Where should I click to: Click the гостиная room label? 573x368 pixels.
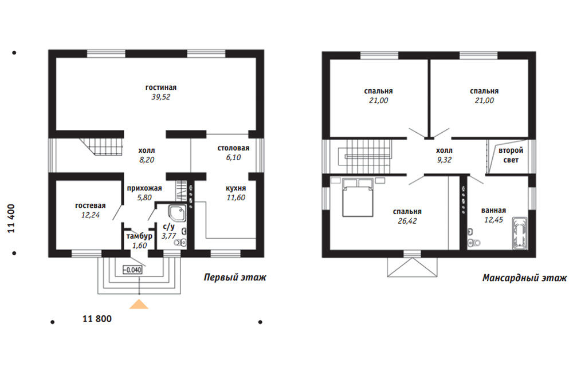[x=161, y=88]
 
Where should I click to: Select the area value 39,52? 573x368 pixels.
[x=161, y=97]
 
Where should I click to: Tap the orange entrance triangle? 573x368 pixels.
[x=139, y=304]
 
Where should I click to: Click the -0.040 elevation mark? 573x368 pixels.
[x=132, y=270]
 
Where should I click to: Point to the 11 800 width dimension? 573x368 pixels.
[x=97, y=319]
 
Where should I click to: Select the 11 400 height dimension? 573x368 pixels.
[x=11, y=219]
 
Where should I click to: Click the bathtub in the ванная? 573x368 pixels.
[x=520, y=234]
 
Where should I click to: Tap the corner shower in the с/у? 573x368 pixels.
[x=178, y=213]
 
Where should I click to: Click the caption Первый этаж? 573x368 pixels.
[x=235, y=278]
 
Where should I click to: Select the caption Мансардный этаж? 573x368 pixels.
[x=524, y=278]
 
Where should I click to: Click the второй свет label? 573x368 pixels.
[x=511, y=155]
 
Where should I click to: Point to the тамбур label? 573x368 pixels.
[x=139, y=236]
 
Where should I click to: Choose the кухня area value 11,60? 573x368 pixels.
[x=236, y=198]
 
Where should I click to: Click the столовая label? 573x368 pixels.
[x=233, y=148]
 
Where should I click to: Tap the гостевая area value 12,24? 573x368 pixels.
[x=91, y=215]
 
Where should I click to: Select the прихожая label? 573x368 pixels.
[x=144, y=188]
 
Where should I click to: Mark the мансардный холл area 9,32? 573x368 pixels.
[x=444, y=160]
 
